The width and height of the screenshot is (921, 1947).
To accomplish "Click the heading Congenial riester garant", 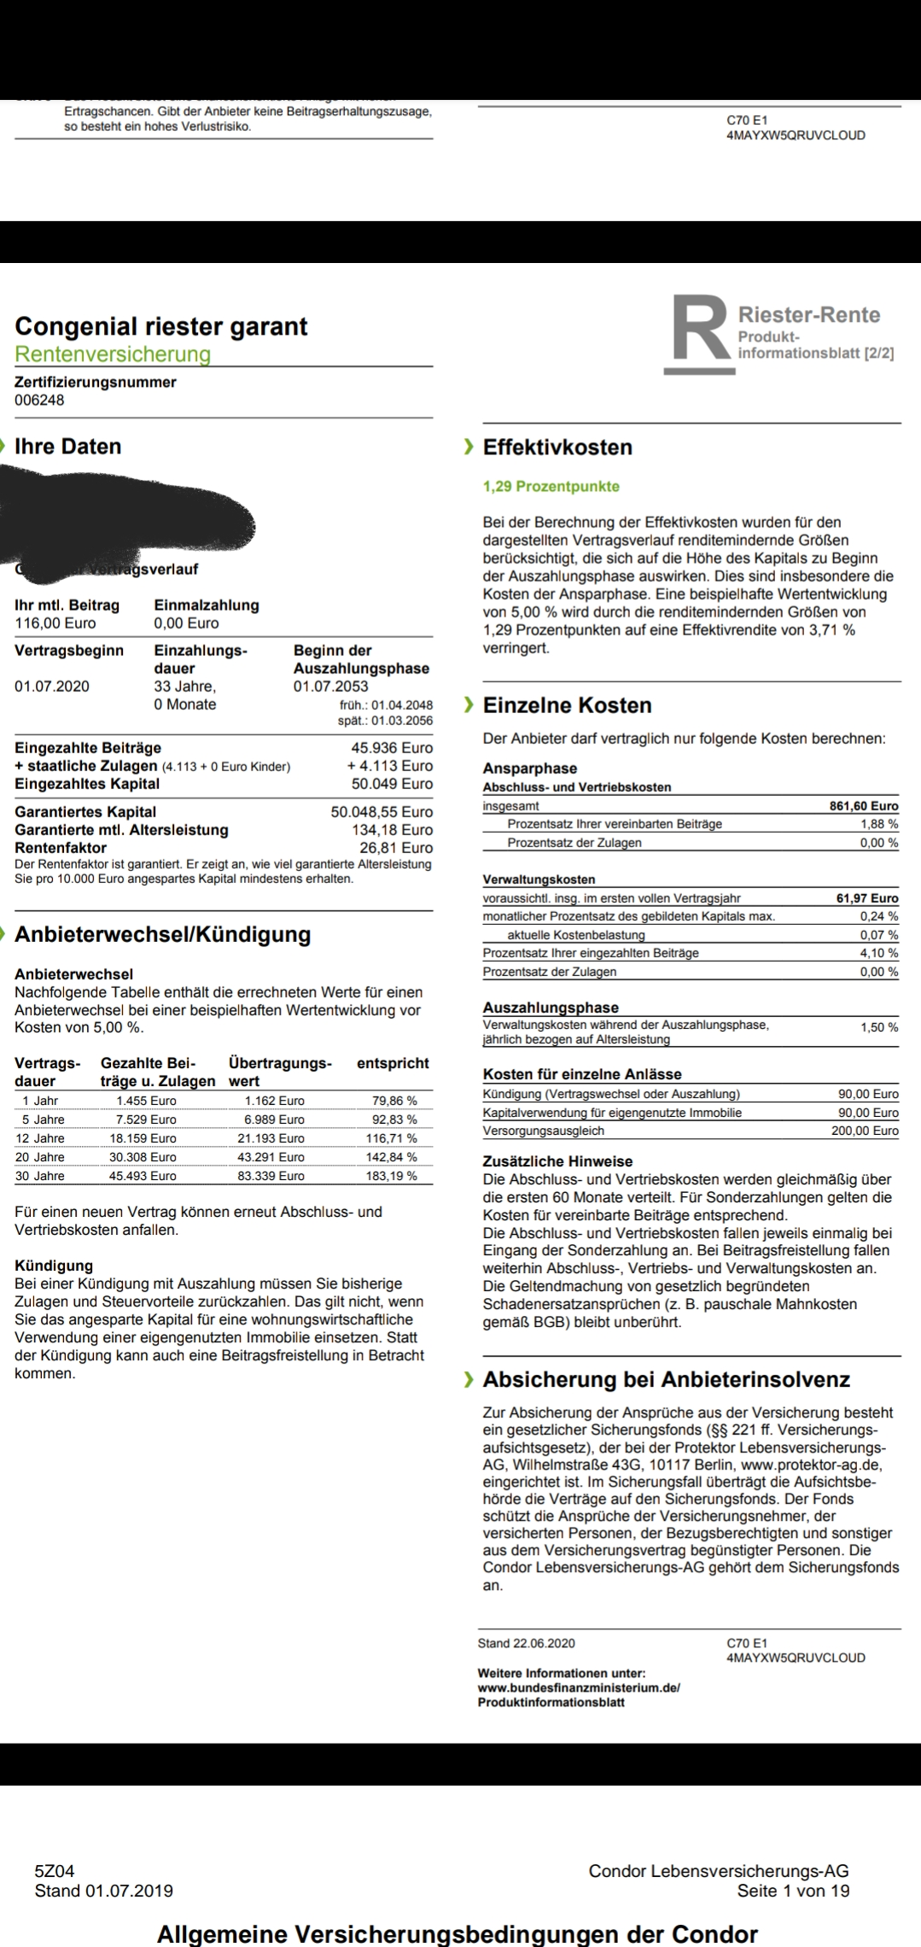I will tap(161, 326).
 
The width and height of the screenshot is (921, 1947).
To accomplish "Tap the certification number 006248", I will tap(39, 400).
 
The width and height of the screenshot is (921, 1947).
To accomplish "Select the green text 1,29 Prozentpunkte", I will tap(551, 487).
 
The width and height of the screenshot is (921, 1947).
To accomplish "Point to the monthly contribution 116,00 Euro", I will tap(55, 623).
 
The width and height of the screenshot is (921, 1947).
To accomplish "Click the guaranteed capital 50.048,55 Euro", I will tap(382, 812).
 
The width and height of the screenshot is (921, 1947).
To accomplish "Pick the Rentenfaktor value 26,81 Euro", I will tap(396, 848).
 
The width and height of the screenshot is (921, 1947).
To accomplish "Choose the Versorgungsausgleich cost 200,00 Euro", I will tap(865, 1131).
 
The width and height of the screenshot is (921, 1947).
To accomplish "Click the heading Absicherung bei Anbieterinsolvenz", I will tap(666, 1379).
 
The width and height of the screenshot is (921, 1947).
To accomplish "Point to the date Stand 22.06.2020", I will tap(526, 1643).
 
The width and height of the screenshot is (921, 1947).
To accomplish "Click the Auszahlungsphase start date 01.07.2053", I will tap(331, 687).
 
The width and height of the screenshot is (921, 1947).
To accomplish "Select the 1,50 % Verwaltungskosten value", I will tap(879, 1027).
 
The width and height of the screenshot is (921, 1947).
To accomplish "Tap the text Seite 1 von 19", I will tap(793, 1891).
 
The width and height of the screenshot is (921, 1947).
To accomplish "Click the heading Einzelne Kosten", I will tap(567, 705).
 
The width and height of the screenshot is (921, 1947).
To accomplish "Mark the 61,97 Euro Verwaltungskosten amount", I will tap(867, 897).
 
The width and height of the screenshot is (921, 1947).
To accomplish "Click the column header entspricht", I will tap(393, 1063).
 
